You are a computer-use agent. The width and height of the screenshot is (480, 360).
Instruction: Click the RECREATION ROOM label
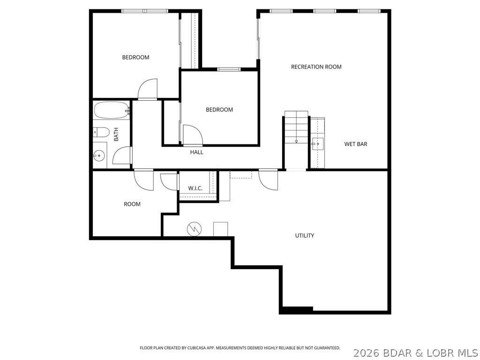[x=316, y=67]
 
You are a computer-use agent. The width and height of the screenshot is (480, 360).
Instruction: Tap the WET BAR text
[x=356, y=144]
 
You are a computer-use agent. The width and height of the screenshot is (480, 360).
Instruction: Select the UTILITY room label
[x=304, y=235]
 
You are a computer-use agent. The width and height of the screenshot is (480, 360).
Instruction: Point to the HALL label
[x=197, y=152]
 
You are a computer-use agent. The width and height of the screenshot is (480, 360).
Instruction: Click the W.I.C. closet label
[x=195, y=188]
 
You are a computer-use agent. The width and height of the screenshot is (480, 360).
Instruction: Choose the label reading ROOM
[x=132, y=204]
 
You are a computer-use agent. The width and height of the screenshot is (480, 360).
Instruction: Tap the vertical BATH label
[x=116, y=135]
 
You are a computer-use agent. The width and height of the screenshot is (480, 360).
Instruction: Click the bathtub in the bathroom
[x=111, y=111]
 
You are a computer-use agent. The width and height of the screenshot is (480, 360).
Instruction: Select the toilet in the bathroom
[x=101, y=132]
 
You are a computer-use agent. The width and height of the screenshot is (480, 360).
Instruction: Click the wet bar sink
[x=318, y=143]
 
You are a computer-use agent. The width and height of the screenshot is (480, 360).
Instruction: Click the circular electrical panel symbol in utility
[x=194, y=229]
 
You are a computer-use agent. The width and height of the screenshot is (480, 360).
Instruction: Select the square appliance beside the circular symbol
[x=220, y=229]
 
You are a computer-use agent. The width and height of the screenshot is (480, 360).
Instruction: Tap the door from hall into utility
[x=269, y=180]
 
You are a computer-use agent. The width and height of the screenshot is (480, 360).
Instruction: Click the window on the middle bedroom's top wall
[x=229, y=69]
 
